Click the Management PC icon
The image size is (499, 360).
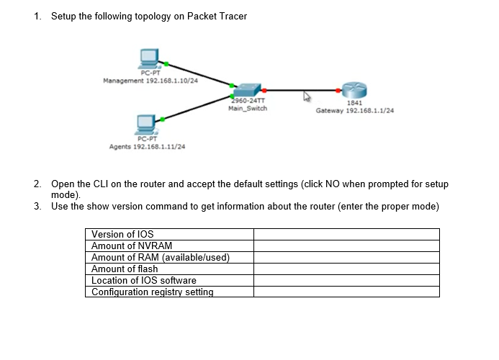tap(149, 58)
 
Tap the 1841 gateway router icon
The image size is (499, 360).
tap(354, 90)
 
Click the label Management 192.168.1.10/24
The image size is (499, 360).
tap(150, 80)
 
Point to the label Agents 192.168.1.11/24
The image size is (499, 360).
tap(147, 146)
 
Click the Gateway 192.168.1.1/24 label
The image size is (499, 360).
tap(354, 111)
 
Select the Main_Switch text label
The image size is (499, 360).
tap(247, 109)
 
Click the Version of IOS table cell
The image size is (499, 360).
tap(122, 234)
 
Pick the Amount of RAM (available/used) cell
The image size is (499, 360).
tap(160, 257)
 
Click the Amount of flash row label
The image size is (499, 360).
tap(125, 269)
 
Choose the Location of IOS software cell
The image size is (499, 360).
tap(144, 280)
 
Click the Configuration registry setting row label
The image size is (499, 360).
tap(153, 292)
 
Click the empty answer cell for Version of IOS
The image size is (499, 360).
tap(346, 234)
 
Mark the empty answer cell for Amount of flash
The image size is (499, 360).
tap(346, 269)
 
